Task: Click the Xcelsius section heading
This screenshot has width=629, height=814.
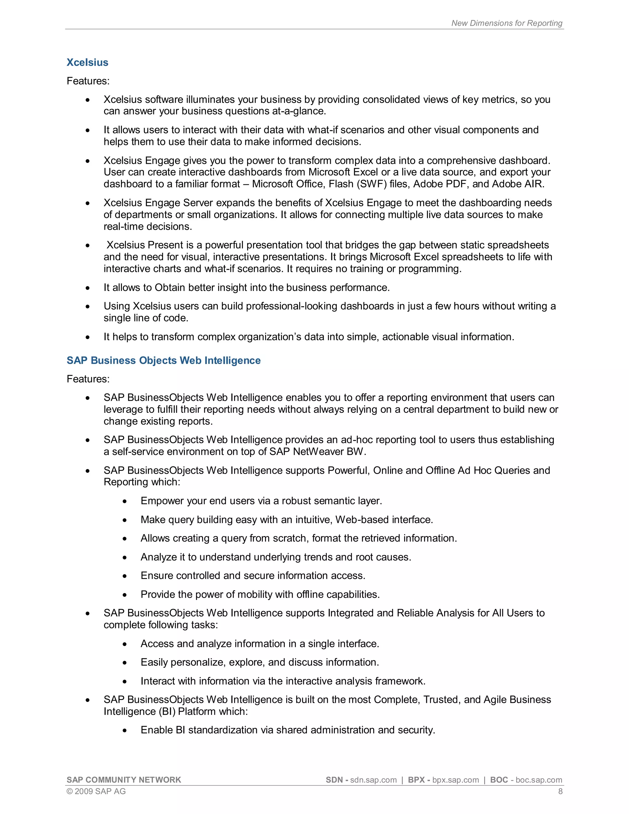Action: [87, 62]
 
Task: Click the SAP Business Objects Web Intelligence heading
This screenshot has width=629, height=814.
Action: [164, 360]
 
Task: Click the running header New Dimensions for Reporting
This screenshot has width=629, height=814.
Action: [506, 23]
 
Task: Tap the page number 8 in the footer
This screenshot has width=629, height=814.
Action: [560, 791]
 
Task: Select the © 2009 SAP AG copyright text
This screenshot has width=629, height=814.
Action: [96, 791]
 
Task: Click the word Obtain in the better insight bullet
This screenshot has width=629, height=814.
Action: [170, 288]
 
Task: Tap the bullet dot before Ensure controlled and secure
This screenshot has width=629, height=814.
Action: [125, 576]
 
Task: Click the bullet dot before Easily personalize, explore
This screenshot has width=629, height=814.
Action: [125, 663]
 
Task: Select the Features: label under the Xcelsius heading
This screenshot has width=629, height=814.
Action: [88, 81]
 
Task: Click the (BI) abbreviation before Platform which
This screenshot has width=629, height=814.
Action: [167, 711]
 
